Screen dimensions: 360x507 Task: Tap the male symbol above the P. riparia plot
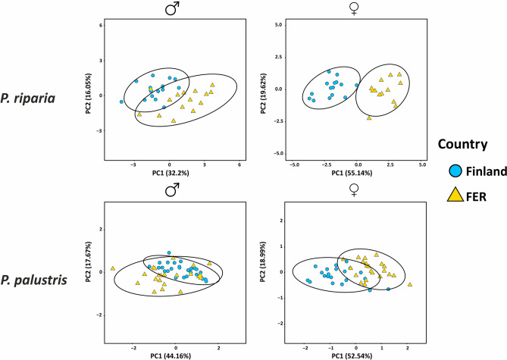pyautogui.click(x=171, y=8)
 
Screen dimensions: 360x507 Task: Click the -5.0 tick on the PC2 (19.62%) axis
pyautogui.click(x=269, y=154)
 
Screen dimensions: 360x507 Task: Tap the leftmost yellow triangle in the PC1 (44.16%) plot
pyautogui.click(x=112, y=268)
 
